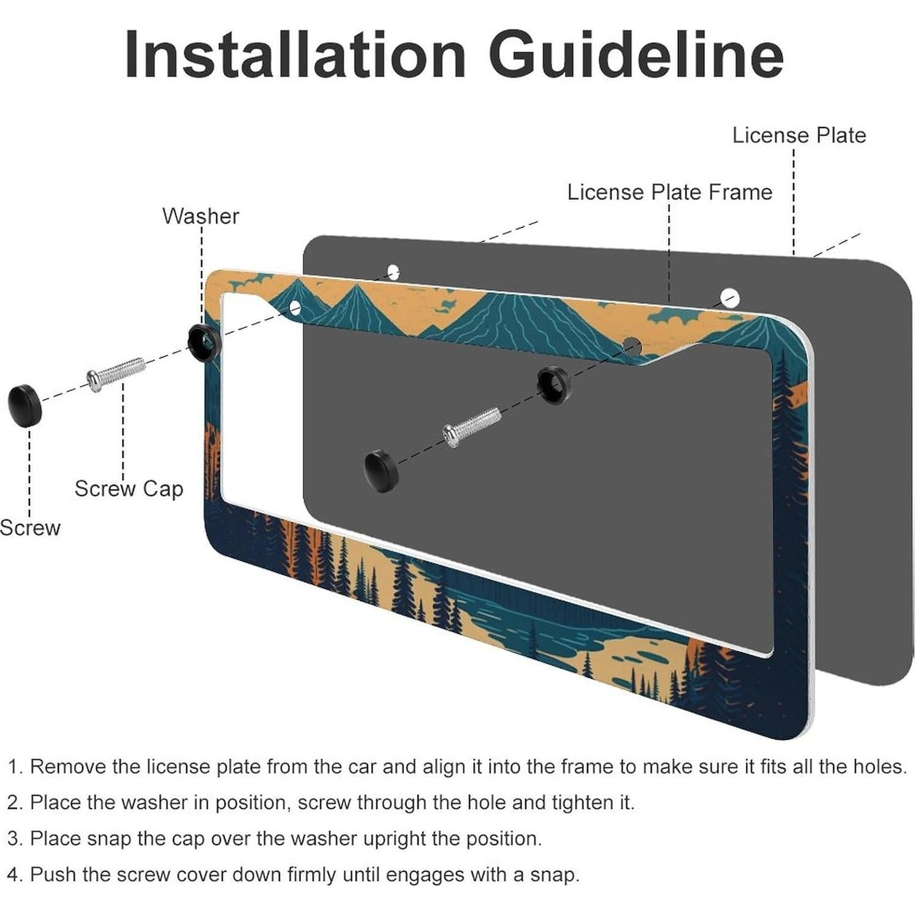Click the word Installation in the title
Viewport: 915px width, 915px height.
click(295, 55)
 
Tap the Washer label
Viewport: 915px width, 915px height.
click(200, 216)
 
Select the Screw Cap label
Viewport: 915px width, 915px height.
click(129, 489)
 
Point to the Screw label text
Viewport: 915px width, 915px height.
click(30, 528)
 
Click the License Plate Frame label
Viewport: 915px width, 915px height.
click(669, 192)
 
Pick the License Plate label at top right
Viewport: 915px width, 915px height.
click(799, 135)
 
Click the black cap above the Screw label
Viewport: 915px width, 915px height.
click(25, 404)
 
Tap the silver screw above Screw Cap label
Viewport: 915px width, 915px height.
click(116, 374)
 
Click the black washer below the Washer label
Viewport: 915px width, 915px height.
click(203, 342)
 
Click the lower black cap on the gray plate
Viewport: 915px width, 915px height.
click(381, 470)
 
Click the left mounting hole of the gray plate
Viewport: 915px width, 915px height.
click(393, 271)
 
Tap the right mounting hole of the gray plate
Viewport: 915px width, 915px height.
click(729, 298)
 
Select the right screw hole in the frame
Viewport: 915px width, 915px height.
click(631, 346)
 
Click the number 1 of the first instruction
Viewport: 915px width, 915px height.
click(13, 767)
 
